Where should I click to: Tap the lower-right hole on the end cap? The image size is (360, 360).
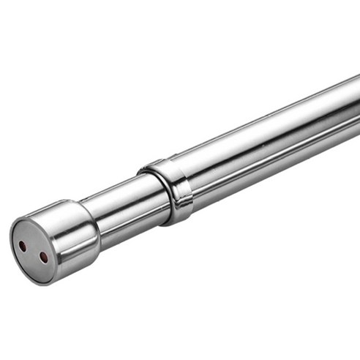[x=44, y=258]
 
